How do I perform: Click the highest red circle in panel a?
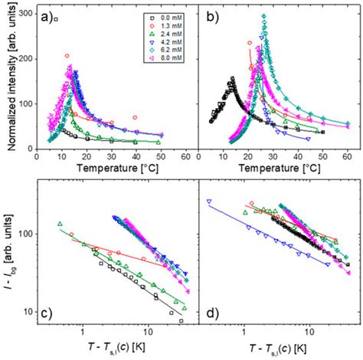(67, 56)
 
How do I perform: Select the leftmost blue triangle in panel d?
(208, 201)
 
